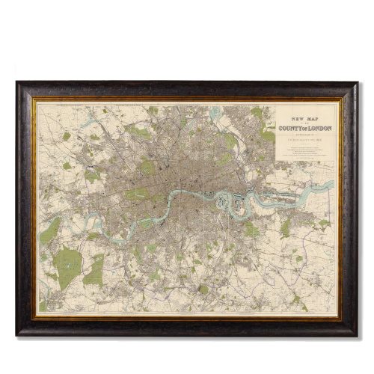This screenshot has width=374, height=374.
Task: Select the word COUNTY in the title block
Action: (289, 126)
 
